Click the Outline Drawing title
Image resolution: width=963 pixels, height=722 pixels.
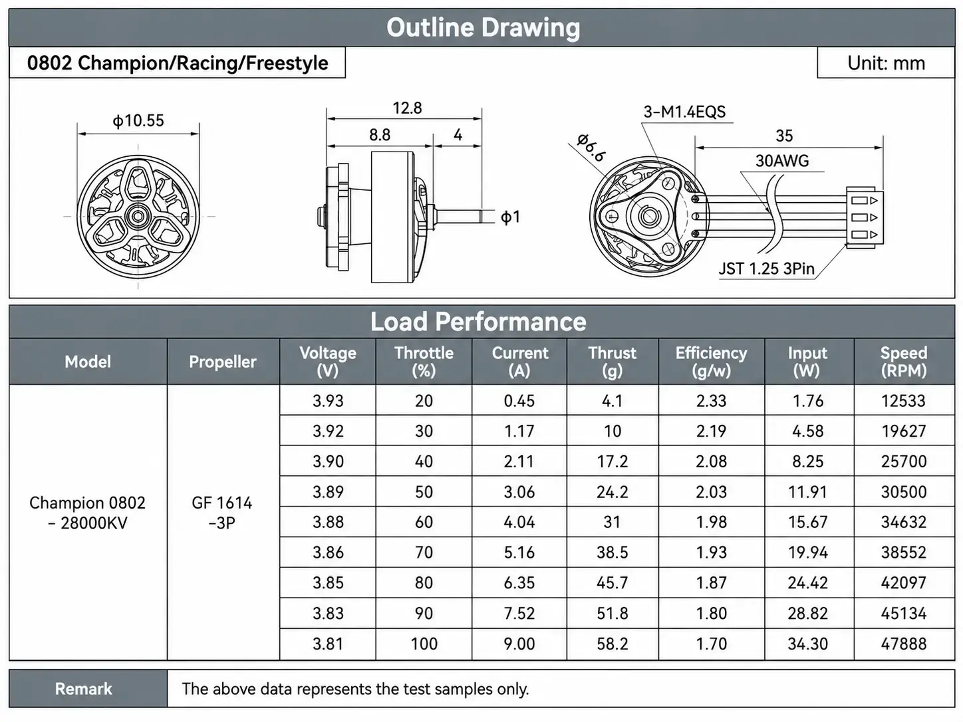(x=483, y=28)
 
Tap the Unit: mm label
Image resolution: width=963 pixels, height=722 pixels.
(x=886, y=63)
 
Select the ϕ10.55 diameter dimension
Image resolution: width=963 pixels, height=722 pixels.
(x=138, y=120)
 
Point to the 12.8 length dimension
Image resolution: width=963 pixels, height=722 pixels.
(x=407, y=108)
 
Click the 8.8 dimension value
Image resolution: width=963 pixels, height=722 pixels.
(x=380, y=134)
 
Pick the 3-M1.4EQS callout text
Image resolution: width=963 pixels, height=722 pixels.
(x=684, y=112)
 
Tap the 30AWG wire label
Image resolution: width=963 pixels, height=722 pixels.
(x=782, y=161)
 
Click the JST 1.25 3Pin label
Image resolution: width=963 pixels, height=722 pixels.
(x=766, y=269)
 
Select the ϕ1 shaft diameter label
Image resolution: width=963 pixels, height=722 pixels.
(x=510, y=217)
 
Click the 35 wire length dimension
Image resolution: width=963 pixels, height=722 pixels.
(x=784, y=136)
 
